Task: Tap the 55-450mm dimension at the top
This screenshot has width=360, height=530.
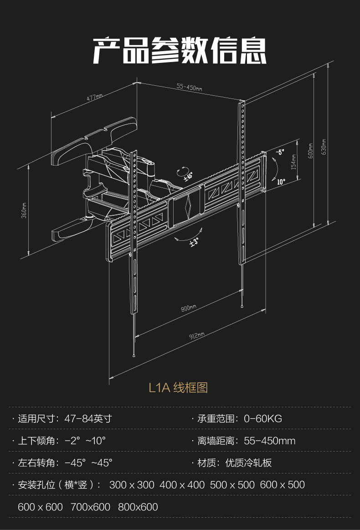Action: [189, 87]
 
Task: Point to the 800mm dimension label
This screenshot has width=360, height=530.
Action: [188, 308]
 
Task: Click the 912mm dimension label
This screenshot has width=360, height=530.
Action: [197, 337]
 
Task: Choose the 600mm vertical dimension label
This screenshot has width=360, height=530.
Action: [311, 151]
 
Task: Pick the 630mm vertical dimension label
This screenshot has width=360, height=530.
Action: [324, 146]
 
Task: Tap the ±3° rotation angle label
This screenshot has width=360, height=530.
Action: [194, 242]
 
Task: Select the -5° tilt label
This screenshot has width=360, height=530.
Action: [279, 152]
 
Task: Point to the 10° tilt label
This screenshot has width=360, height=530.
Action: [281, 182]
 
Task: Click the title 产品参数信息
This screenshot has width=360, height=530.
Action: [180, 50]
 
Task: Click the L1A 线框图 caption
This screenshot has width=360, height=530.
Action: [178, 388]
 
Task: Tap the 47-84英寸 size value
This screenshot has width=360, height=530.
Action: [88, 419]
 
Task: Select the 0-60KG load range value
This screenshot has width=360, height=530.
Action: [263, 419]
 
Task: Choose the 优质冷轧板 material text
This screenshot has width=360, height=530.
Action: [248, 463]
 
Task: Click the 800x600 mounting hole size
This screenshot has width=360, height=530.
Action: [138, 507]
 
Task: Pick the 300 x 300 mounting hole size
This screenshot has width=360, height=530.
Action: [132, 485]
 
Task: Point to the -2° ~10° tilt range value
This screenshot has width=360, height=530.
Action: [85, 441]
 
